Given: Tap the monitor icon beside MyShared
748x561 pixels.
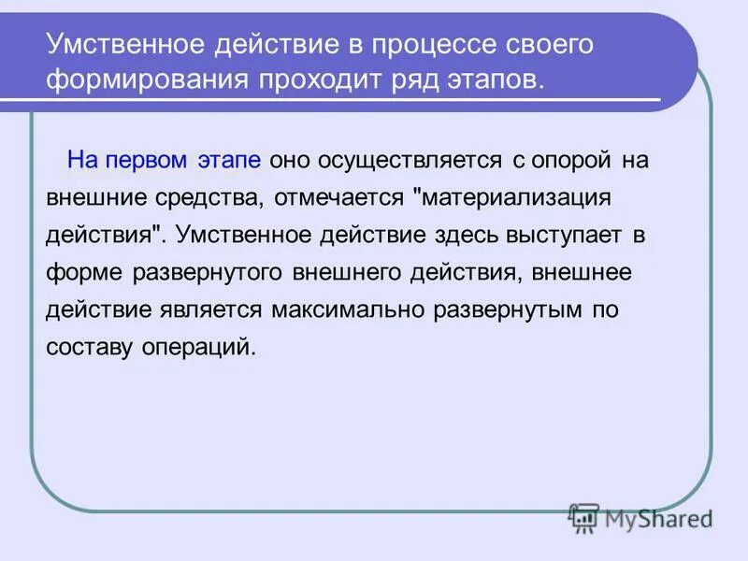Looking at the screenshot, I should point(583,518).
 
